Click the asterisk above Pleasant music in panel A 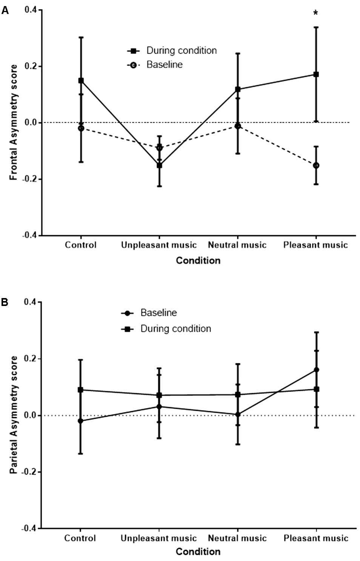[x=315, y=13]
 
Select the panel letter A [x=5, y=10]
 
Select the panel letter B [x=5, y=302]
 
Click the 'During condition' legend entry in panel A [x=181, y=51]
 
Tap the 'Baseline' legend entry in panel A [x=164, y=65]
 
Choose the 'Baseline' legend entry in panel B [x=158, y=313]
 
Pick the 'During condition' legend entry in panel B [x=175, y=329]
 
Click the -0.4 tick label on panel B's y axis [x=29, y=529]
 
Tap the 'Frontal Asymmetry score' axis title [x=14, y=122]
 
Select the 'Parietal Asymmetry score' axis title [x=14, y=415]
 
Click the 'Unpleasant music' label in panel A [x=158, y=245]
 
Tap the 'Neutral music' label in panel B [x=237, y=538]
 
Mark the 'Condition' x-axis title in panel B [x=198, y=552]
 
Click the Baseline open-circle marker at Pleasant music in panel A [x=316, y=165]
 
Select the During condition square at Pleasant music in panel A [x=316, y=74]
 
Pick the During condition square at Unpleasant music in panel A [x=159, y=165]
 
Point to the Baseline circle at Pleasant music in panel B [x=316, y=370]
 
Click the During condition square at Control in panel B [x=80, y=390]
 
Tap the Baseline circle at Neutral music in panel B [x=238, y=414]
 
